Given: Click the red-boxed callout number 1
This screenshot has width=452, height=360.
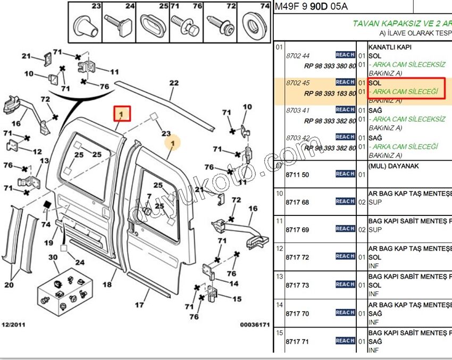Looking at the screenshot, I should coord(122,114).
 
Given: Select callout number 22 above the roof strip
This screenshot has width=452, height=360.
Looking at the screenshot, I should coord(174,83).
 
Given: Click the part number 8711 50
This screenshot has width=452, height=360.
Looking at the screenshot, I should coord(298,175).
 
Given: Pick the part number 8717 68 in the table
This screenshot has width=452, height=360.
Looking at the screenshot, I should coord(298,203).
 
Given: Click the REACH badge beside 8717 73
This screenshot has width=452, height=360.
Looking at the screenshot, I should coord(345,284).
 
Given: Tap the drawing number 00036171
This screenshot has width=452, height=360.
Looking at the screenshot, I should coord(255,324).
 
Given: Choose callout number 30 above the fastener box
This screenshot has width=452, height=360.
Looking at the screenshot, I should coord(53,257).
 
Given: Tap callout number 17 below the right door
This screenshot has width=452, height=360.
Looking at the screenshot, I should coord(139,305).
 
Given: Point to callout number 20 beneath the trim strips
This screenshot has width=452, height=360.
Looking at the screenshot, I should coord(9,284).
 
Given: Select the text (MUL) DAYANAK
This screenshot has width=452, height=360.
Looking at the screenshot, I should coord(394,166).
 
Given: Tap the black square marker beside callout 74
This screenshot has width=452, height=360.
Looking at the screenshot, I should coord(47,205).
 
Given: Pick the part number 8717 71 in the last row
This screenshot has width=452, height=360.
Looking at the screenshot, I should coord(298,341).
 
